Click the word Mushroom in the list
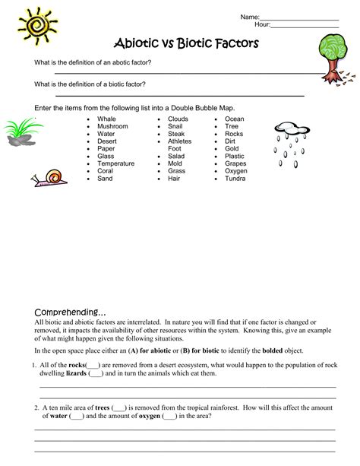coord(112,127)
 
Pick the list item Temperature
coord(116,163)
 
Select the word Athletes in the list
coord(180,141)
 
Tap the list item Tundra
coord(235,179)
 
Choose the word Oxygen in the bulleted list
coord(236,171)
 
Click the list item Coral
coord(106,171)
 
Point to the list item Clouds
coord(178,119)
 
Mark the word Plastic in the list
coord(235,157)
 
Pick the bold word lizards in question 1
coord(75,373)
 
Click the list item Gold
coord(232,149)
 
